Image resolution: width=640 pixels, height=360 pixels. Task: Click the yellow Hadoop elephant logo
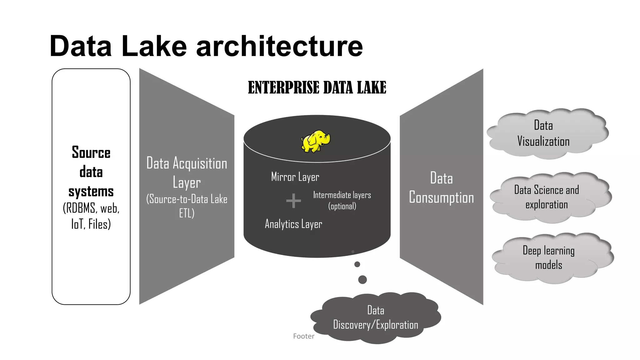coord(315,142)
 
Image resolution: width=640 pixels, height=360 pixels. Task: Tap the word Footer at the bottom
coord(303,336)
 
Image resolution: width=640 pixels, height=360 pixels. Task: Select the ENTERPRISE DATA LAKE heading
coord(317,87)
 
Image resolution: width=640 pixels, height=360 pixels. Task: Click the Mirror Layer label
coord(295,177)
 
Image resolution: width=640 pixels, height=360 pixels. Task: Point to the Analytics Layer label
coord(293,224)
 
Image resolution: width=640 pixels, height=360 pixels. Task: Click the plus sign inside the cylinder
coord(293,201)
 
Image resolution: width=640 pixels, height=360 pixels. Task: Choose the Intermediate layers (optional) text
coord(342,201)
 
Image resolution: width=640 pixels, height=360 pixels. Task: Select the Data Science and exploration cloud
coord(547,197)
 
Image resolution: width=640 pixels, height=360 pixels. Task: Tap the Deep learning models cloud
coord(548,258)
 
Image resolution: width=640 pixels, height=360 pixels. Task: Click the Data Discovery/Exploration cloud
coord(375,317)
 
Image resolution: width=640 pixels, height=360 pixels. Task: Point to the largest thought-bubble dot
coord(362,280)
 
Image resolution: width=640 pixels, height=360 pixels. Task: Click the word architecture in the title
coord(279,46)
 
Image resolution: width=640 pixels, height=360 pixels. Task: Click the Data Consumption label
coord(441,188)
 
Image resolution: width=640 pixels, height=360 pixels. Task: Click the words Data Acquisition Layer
coord(187,173)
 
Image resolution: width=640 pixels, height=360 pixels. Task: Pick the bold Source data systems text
coord(91,172)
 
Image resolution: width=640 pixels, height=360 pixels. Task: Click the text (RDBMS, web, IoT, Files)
coord(91,216)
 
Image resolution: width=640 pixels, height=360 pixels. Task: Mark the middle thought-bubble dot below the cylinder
coord(357,264)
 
